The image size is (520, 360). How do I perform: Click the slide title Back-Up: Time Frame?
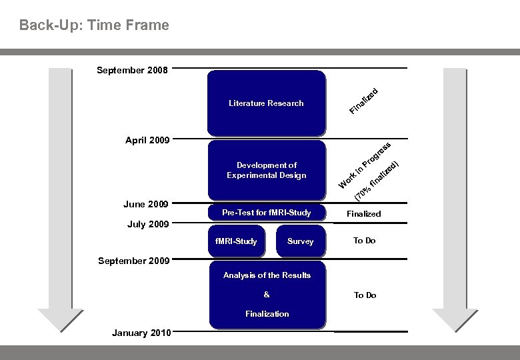pyautogui.click(x=94, y=25)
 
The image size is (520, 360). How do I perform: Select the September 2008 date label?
pyautogui.click(x=133, y=69)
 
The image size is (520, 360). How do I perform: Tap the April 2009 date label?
pyautogui.click(x=147, y=141)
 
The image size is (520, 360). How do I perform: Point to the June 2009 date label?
pyautogui.click(x=145, y=204)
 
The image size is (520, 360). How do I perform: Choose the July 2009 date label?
pyautogui.click(x=147, y=224)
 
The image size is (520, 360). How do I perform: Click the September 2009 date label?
pyautogui.click(x=133, y=261)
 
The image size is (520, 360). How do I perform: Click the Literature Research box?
pyautogui.click(x=266, y=103)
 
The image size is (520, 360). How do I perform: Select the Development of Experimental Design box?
pyautogui.click(x=266, y=170)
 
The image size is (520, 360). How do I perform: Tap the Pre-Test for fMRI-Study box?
pyautogui.click(x=266, y=213)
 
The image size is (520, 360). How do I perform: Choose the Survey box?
pyautogui.click(x=300, y=241)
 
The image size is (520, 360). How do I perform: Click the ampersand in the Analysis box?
pyautogui.click(x=267, y=295)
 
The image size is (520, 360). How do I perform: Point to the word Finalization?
pyautogui.click(x=267, y=313)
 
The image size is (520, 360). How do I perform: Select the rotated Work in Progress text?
pyautogui.click(x=363, y=166)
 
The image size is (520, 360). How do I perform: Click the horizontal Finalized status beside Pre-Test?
pyautogui.click(x=364, y=214)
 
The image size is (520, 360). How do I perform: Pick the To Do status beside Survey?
pyautogui.click(x=364, y=241)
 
